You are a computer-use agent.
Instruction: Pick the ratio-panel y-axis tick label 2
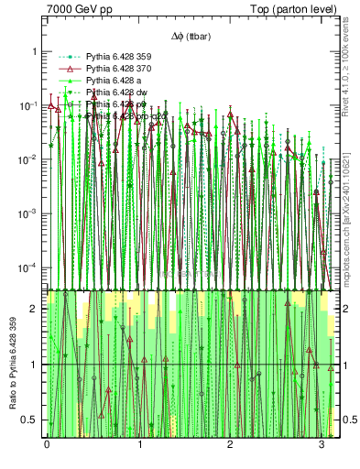(35, 309)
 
